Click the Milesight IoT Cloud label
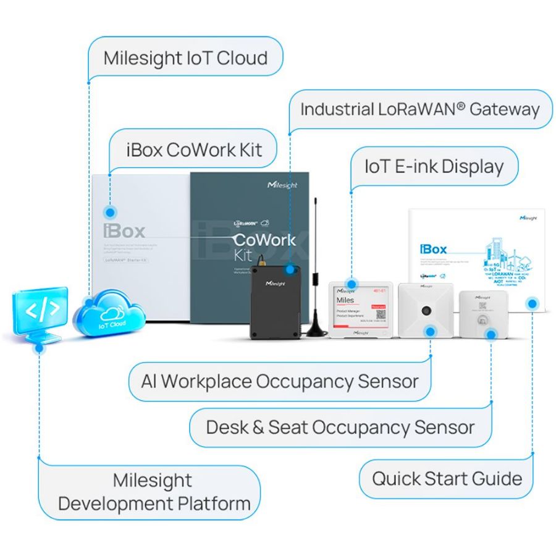(x=185, y=59)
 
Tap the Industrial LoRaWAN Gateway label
(x=420, y=109)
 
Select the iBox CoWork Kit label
(x=194, y=150)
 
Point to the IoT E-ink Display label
(x=434, y=166)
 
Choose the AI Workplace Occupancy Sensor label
(x=279, y=381)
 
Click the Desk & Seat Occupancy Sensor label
(x=340, y=427)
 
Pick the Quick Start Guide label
(x=447, y=478)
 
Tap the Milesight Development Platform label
(x=154, y=492)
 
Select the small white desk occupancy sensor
(x=482, y=312)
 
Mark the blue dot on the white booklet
(x=533, y=303)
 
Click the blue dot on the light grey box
(x=110, y=212)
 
